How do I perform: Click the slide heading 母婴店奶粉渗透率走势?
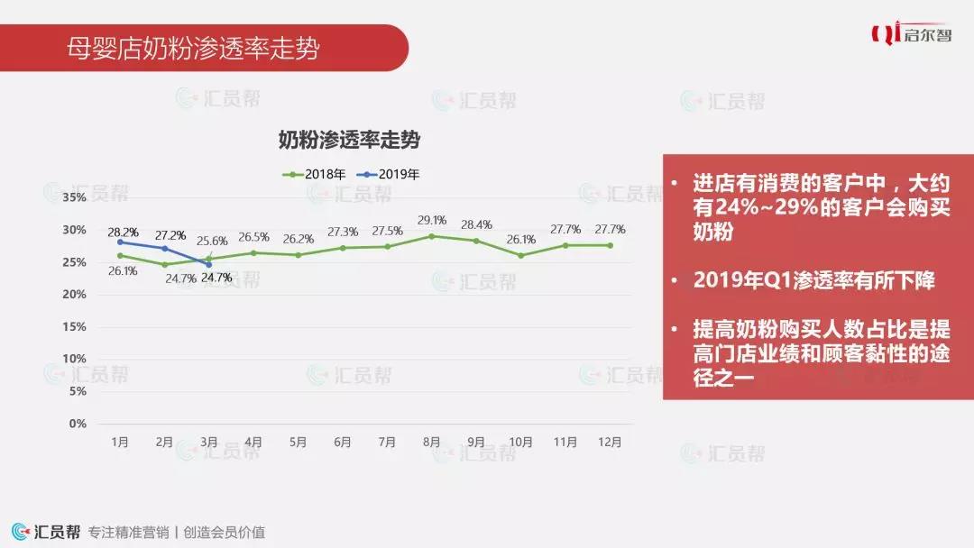[193, 49]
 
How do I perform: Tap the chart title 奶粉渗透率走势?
[349, 141]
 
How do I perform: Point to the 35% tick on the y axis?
[75, 197]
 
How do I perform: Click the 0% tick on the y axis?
[78, 424]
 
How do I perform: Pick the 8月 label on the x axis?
[431, 443]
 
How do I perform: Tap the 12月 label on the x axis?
[610, 443]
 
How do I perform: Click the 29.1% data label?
[432, 220]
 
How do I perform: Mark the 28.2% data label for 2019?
[123, 233]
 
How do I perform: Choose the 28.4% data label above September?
[476, 224]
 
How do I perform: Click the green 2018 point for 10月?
[520, 255]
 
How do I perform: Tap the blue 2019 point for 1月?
[120, 242]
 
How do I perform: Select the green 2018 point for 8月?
[431, 236]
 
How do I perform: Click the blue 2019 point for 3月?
[209, 264]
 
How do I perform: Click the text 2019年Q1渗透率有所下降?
[813, 280]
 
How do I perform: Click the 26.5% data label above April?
[253, 237]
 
